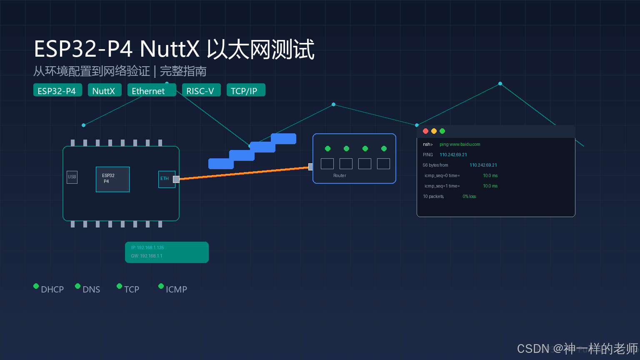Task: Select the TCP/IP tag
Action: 246,90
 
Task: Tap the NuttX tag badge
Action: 105,90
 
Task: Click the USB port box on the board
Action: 72,177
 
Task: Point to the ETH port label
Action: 164,179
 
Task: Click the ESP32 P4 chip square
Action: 112,179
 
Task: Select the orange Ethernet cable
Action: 244,173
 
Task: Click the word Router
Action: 340,175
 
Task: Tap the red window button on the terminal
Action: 425,131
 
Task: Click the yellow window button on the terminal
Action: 434,131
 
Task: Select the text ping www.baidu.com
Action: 460,144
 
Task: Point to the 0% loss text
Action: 469,196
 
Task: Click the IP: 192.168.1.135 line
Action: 147,247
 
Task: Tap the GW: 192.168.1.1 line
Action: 147,256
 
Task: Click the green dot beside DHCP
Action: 36,286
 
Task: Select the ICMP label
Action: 176,290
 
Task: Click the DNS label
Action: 91,290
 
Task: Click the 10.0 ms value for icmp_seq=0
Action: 490,175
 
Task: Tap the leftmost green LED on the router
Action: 328,149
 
